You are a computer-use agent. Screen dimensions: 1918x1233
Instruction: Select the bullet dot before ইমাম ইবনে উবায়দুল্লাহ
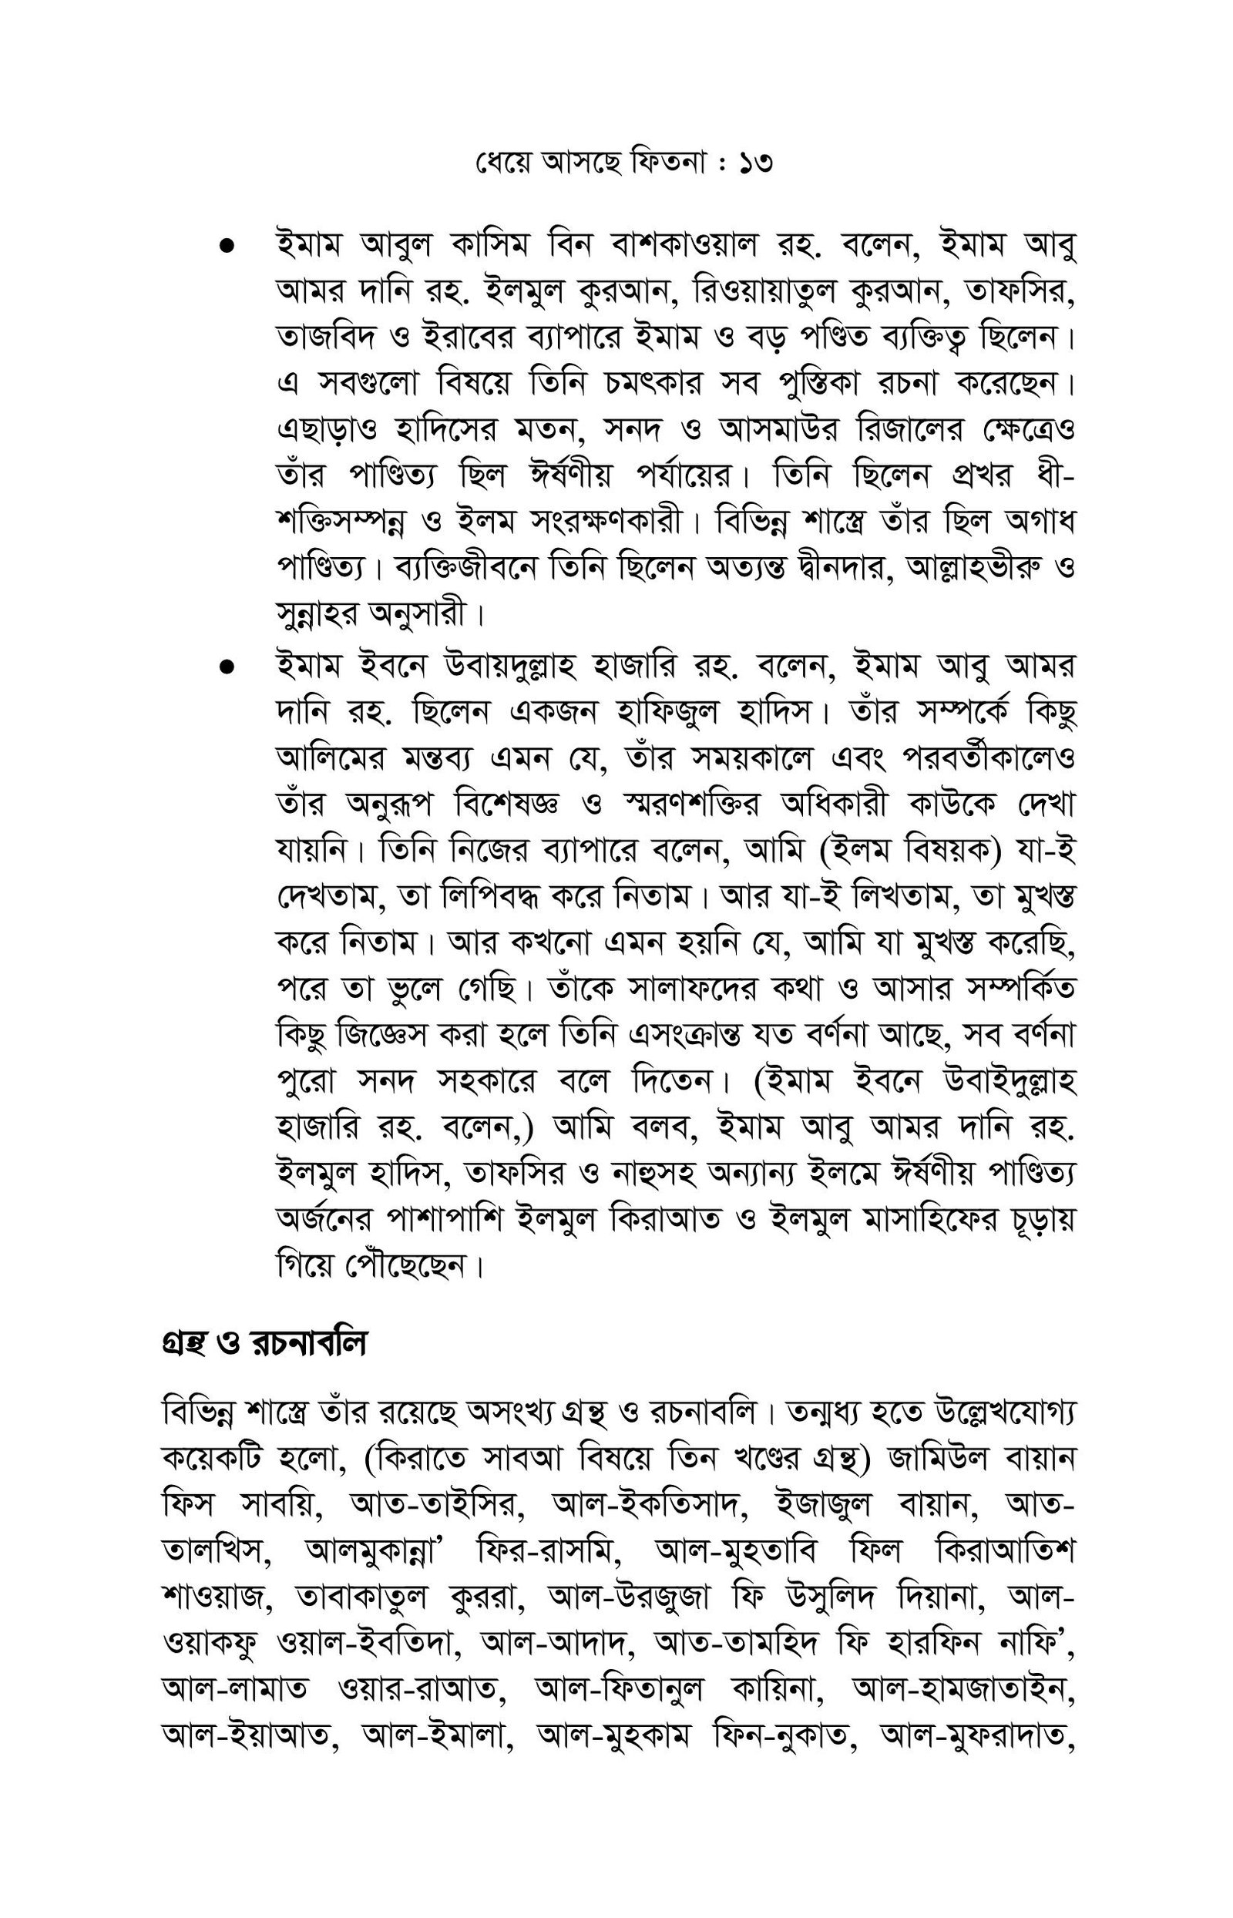pyautogui.click(x=227, y=665)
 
